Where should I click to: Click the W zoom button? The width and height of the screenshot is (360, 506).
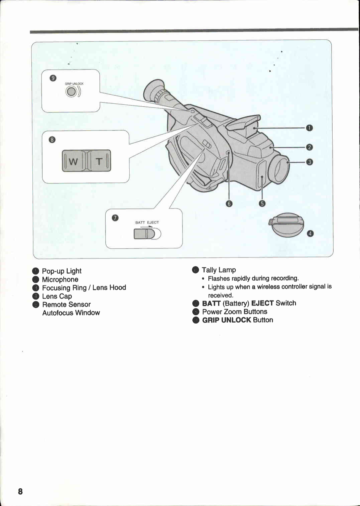click(x=74, y=161)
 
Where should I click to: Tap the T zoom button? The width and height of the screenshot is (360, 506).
click(x=99, y=161)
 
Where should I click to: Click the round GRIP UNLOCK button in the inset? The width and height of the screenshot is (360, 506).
click(x=72, y=92)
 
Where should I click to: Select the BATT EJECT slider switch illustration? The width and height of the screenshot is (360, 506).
click(x=147, y=233)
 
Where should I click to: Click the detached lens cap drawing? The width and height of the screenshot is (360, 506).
click(x=287, y=224)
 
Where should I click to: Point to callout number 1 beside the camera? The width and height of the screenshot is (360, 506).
click(x=309, y=128)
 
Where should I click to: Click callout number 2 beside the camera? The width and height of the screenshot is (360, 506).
click(x=309, y=147)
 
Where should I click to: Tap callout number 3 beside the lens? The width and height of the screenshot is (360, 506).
click(x=309, y=162)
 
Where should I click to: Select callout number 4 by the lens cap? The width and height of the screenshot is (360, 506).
click(x=310, y=233)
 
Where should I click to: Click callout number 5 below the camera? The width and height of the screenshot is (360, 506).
click(x=262, y=203)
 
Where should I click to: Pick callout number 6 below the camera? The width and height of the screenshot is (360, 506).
click(x=229, y=204)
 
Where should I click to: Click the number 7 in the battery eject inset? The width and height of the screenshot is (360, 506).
click(x=115, y=218)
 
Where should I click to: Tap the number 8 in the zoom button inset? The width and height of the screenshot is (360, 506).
click(x=52, y=140)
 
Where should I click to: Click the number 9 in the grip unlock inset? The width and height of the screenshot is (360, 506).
click(x=53, y=78)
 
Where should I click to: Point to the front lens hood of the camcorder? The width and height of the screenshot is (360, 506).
click(x=279, y=168)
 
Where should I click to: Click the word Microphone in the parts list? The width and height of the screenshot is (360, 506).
click(x=60, y=280)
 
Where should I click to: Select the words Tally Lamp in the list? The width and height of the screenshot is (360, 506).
click(x=219, y=270)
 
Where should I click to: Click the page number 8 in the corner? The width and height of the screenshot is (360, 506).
click(x=20, y=491)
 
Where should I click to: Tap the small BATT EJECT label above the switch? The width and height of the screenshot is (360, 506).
click(x=147, y=222)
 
